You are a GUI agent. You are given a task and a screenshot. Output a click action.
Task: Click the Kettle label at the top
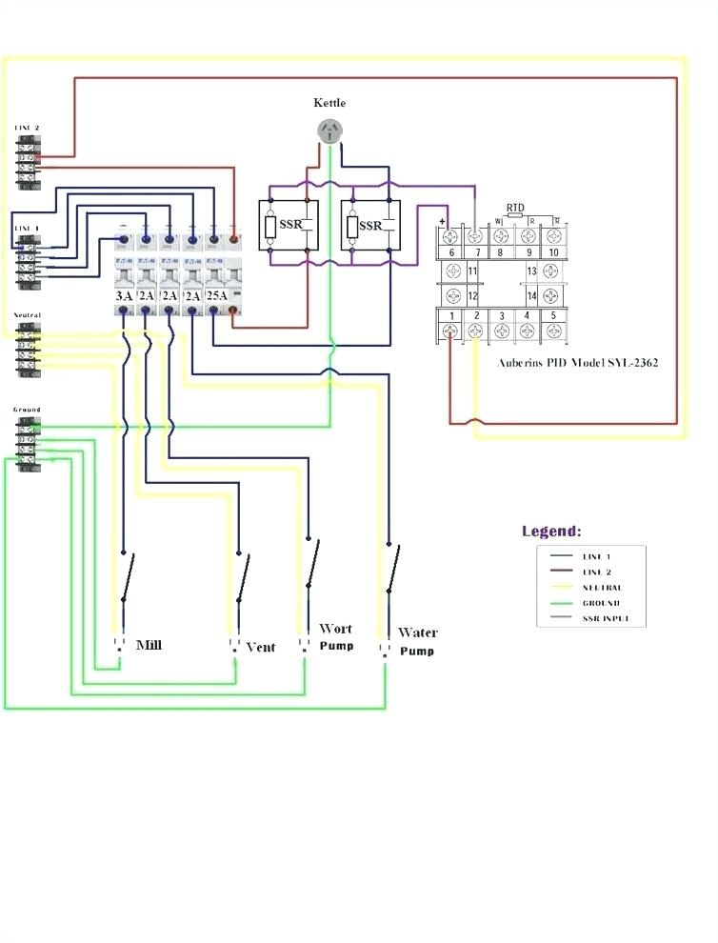pyautogui.click(x=329, y=102)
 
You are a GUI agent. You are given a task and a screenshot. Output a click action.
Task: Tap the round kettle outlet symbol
pyautogui.click(x=329, y=132)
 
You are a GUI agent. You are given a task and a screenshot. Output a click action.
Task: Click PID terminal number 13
pyautogui.click(x=531, y=271)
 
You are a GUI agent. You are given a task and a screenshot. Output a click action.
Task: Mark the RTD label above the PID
pyautogui.click(x=514, y=207)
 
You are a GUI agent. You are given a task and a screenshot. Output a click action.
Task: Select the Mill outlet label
pyautogui.click(x=149, y=645)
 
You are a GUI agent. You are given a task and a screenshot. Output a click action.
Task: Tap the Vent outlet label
pyautogui.click(x=260, y=647)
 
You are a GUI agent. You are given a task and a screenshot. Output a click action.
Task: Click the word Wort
pyautogui.click(x=335, y=629)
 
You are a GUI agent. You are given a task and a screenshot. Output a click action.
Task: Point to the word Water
pyautogui.click(x=417, y=632)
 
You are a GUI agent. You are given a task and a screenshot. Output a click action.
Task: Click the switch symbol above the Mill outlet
pyautogui.click(x=126, y=577)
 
